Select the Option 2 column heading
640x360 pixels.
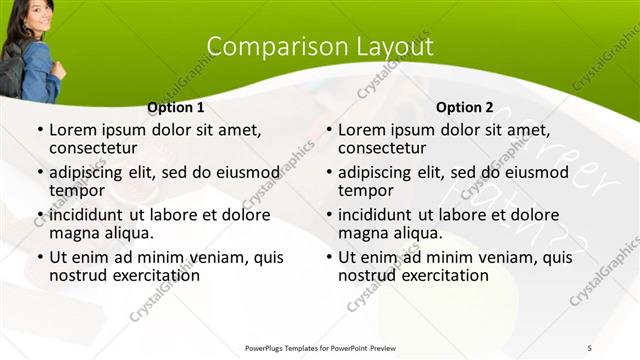point(464,107)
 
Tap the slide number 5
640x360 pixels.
point(589,347)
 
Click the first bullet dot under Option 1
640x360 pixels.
point(39,131)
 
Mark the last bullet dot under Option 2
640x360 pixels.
point(328,258)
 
